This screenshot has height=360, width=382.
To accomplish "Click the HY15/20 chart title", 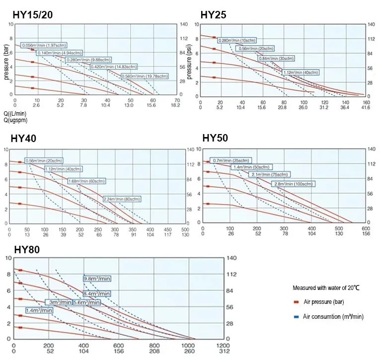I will [x=32, y=15].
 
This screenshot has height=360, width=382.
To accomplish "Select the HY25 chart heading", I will [x=213, y=15].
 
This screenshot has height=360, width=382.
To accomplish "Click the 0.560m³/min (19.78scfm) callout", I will [x=145, y=76].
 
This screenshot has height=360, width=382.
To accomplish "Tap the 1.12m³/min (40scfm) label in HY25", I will [x=300, y=72].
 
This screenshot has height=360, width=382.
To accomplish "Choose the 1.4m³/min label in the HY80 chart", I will [x=39, y=310].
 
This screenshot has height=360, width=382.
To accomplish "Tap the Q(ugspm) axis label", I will [x=15, y=120].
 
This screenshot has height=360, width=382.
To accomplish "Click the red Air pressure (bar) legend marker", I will [x=296, y=302].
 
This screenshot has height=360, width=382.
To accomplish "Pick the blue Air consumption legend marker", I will [x=296, y=316].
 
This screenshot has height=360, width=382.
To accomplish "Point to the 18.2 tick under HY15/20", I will [x=175, y=106].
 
